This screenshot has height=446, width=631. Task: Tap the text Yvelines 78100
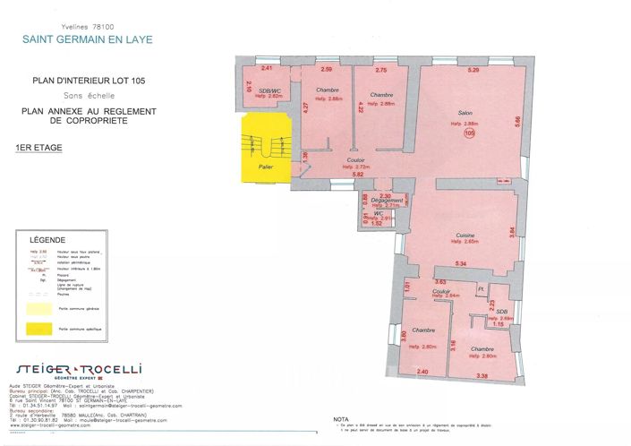point(88,28)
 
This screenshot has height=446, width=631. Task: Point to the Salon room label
point(465,113)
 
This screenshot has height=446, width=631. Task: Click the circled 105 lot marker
point(470,133)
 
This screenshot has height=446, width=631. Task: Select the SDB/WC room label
point(270,91)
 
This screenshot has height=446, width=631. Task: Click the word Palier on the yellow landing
point(265,167)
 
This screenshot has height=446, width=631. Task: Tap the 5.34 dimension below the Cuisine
point(462,263)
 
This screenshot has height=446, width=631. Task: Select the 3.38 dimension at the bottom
point(482,374)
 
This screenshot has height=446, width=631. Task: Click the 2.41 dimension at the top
point(266,68)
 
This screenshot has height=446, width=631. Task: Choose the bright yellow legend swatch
point(38,330)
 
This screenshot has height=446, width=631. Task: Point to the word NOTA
point(340,419)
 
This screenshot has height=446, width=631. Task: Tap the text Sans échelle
point(87,94)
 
